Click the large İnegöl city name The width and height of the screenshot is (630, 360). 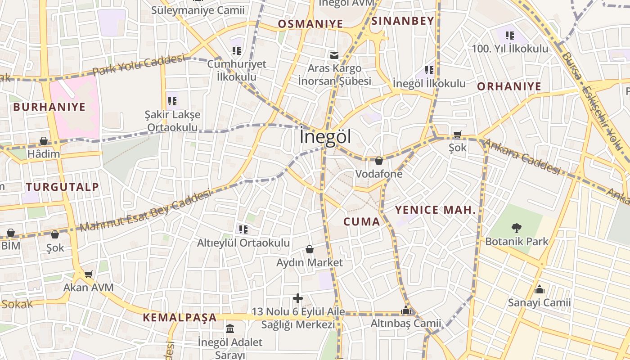[x=325, y=137]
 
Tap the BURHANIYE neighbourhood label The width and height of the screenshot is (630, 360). [x=49, y=107]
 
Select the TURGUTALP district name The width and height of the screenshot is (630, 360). [x=62, y=187]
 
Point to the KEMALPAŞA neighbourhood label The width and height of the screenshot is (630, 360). [x=180, y=318]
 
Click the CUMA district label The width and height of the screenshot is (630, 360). [x=362, y=222]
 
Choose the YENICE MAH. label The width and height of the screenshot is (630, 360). [x=435, y=210]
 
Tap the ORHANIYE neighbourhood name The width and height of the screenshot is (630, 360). [x=509, y=86]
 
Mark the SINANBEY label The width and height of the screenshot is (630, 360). [x=403, y=21]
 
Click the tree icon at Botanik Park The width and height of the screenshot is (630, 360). [x=516, y=228]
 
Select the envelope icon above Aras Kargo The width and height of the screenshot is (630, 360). [x=334, y=55]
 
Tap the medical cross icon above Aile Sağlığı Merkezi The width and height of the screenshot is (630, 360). [x=298, y=298]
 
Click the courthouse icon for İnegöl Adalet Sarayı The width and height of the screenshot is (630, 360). [x=230, y=328]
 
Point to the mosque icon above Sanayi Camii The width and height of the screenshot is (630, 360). [x=539, y=289]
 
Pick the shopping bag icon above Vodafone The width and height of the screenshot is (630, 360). [x=379, y=161]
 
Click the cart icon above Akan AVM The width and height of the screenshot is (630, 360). [x=89, y=274]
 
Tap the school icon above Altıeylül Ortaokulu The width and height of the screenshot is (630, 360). [x=243, y=229]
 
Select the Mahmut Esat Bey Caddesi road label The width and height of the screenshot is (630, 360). [x=145, y=211]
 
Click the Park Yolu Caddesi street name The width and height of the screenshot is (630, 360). [x=139, y=65]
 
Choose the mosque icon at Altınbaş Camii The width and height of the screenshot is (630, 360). [x=406, y=310]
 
